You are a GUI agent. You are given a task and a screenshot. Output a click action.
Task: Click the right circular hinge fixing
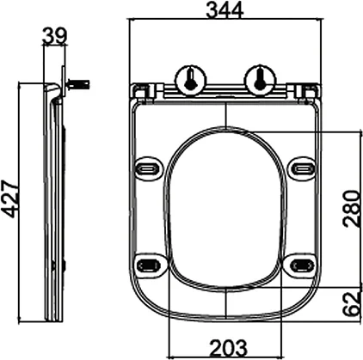pos(258,81)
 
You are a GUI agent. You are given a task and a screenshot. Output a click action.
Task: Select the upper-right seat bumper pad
pos(301,168)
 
